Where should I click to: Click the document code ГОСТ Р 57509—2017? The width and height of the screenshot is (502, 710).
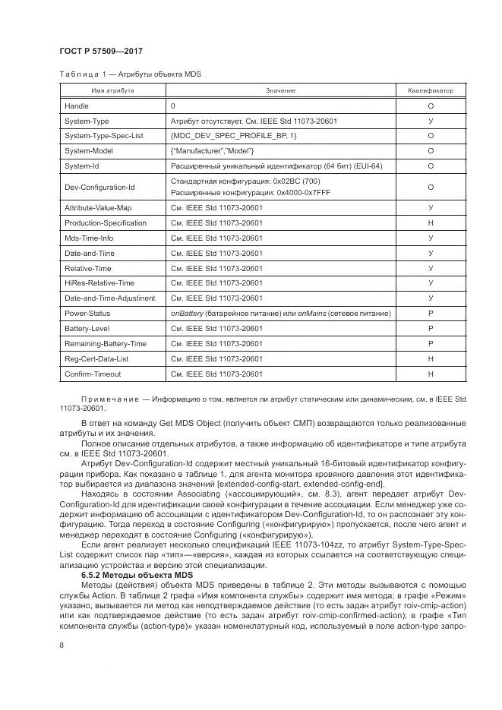(101, 51)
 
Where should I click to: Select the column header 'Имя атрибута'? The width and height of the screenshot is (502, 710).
(113, 91)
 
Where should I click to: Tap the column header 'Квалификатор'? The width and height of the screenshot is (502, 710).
(431, 91)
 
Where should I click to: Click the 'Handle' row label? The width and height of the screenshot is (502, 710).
(77, 106)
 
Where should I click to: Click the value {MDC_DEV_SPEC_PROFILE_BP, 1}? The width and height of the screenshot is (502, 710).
(234, 135)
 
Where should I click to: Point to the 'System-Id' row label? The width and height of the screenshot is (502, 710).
(82, 165)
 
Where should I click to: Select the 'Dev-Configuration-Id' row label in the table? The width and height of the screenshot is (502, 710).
(99, 187)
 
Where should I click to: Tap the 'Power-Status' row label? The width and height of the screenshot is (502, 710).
(87, 313)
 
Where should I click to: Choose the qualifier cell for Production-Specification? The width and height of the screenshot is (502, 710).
(431, 223)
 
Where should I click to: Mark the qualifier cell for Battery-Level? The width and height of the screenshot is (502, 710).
(431, 328)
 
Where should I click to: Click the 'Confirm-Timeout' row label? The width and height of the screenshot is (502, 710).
(93, 374)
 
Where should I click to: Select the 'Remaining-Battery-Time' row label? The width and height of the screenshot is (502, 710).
(105, 343)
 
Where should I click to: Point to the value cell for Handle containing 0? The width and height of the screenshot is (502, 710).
(173, 106)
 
